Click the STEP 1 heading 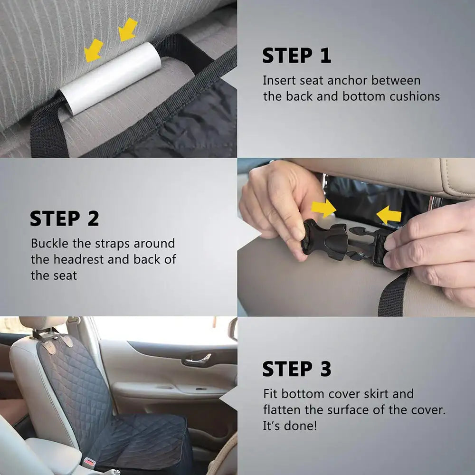296,56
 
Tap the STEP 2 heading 64,218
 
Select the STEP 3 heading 296,369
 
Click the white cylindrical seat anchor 112,78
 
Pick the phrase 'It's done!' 289,426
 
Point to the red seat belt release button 88,461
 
